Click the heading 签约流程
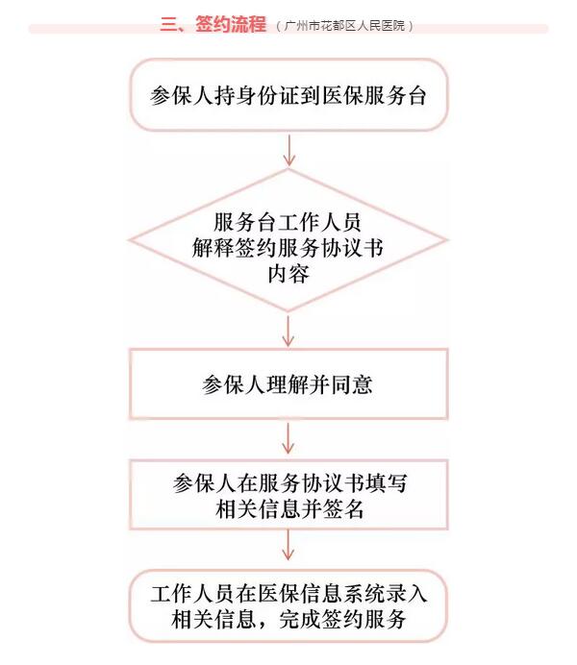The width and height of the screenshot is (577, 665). tap(230, 25)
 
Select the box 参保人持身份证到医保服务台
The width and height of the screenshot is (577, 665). tap(288, 95)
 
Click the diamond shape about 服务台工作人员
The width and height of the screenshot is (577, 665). tap(288, 240)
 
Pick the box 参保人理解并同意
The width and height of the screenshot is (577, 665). tap(288, 384)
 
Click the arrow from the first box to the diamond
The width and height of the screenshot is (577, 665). tap(288, 150)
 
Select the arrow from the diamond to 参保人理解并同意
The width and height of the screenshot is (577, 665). tap(288, 331)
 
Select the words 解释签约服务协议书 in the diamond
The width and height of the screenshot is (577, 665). tap(288, 247)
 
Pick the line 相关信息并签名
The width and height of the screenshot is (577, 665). tap(288, 509)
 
